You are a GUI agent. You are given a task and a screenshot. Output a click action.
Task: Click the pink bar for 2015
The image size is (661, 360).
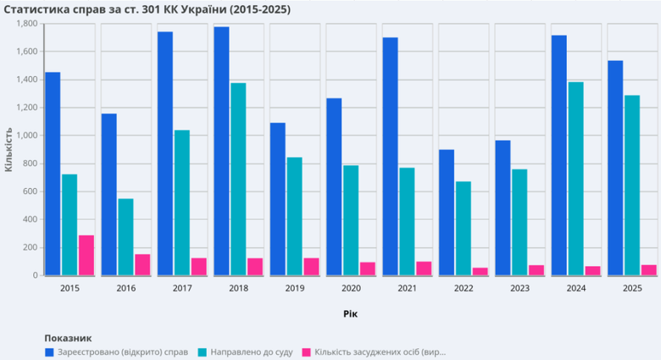pos(86,255)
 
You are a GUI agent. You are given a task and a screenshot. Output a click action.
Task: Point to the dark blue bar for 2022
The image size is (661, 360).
pos(447,212)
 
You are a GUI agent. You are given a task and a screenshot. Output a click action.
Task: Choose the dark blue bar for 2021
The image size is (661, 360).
pos(390,156)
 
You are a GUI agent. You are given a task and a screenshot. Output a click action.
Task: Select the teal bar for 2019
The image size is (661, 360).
pos(294,216)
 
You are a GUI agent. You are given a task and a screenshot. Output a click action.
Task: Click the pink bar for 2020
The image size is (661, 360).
pos(367,269)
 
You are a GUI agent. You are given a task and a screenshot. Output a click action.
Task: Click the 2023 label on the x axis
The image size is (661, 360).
pos(519,288)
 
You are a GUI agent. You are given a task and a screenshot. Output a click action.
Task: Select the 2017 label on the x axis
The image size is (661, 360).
pos(182,288)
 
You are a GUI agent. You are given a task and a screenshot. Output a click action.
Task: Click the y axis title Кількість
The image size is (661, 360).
pos(8,149)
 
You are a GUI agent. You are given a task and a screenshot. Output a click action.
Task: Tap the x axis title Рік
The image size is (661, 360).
pos(350,313)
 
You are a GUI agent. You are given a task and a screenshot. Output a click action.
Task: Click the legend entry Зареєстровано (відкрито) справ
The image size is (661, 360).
pos(122,351)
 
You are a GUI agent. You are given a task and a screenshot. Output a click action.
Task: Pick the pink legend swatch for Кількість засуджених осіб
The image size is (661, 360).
pos(308,351)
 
